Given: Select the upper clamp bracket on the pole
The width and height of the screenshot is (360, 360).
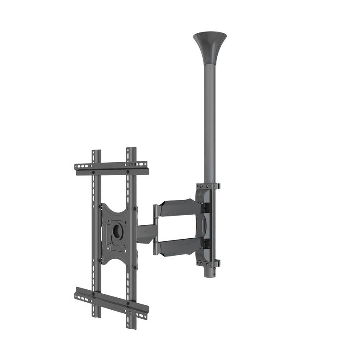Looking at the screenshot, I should [x=208, y=186].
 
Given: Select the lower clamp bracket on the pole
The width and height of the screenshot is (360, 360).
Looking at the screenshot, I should [x=208, y=263].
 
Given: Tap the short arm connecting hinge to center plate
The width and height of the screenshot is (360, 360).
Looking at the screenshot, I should [x=146, y=233].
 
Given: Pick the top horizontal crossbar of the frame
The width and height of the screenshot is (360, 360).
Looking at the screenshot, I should [x=111, y=168].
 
